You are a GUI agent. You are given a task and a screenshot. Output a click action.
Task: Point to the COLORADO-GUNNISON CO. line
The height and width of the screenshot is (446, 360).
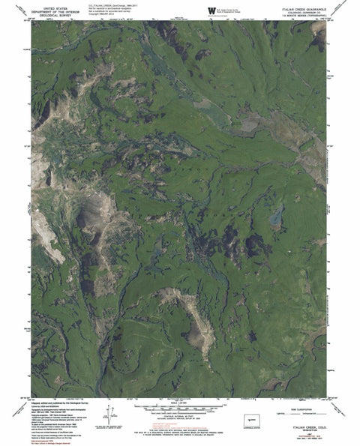tap(304, 10)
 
